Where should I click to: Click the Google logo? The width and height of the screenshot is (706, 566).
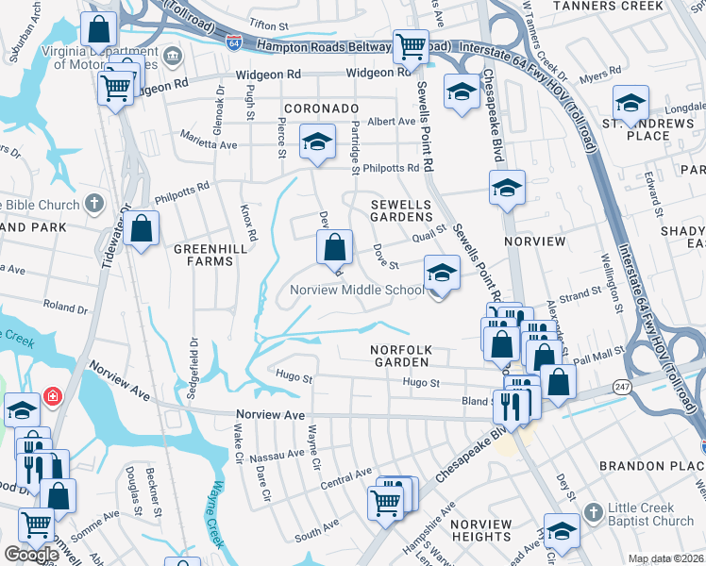pos(31,555)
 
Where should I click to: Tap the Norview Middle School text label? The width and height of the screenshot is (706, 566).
pos(357,291)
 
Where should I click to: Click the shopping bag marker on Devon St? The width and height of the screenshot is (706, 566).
pos(335,249)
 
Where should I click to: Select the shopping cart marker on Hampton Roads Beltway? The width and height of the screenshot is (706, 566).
pos(411,46)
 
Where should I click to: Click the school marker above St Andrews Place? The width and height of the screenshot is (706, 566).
pos(630,102)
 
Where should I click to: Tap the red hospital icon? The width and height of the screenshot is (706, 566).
pos(54,395)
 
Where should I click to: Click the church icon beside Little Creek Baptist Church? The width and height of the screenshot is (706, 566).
pos(592,511)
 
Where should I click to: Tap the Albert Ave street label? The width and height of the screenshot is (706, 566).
pos(391,122)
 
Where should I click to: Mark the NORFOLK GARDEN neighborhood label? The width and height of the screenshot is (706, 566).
pos(400,357)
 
